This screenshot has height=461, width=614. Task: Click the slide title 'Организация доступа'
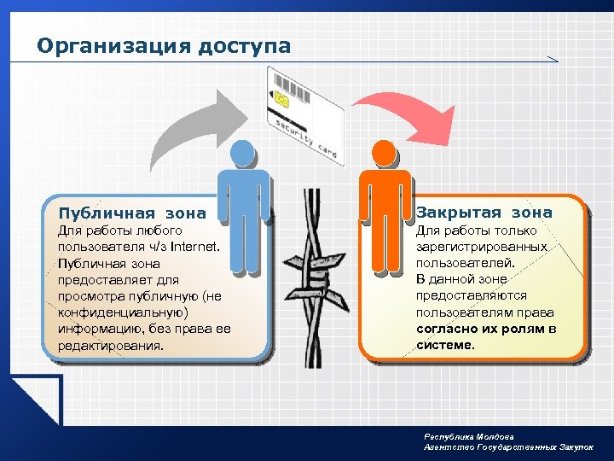[x=164, y=45]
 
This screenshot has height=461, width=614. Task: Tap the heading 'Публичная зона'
[x=131, y=213]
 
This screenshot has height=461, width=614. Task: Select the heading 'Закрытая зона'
[x=484, y=212]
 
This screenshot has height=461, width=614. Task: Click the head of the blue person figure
[x=243, y=154]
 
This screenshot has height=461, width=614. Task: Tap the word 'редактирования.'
[x=109, y=346]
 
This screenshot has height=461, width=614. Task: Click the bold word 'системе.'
[x=445, y=345]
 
